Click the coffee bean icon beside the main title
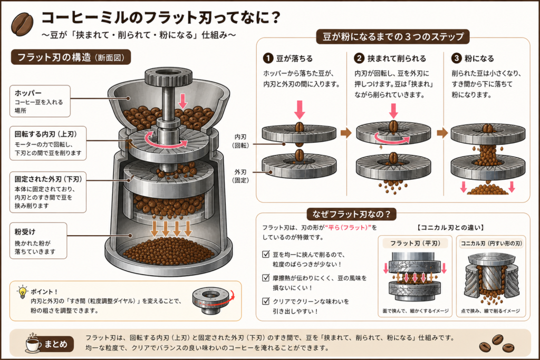(22, 24)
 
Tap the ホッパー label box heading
(28, 93)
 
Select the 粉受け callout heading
(25, 231)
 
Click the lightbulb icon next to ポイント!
(22, 292)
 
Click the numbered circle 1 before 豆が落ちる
(268, 58)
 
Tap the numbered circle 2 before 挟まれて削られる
(359, 58)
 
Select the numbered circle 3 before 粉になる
(456, 58)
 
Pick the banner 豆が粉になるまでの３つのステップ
(393, 36)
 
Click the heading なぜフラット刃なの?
(351, 214)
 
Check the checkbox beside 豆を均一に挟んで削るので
(266, 255)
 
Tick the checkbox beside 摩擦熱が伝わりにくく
(266, 278)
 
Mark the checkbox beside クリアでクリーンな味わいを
(266, 301)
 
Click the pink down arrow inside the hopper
(183, 101)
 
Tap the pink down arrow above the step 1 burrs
(300, 110)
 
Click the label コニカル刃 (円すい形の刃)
(491, 244)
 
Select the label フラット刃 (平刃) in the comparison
(416, 244)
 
